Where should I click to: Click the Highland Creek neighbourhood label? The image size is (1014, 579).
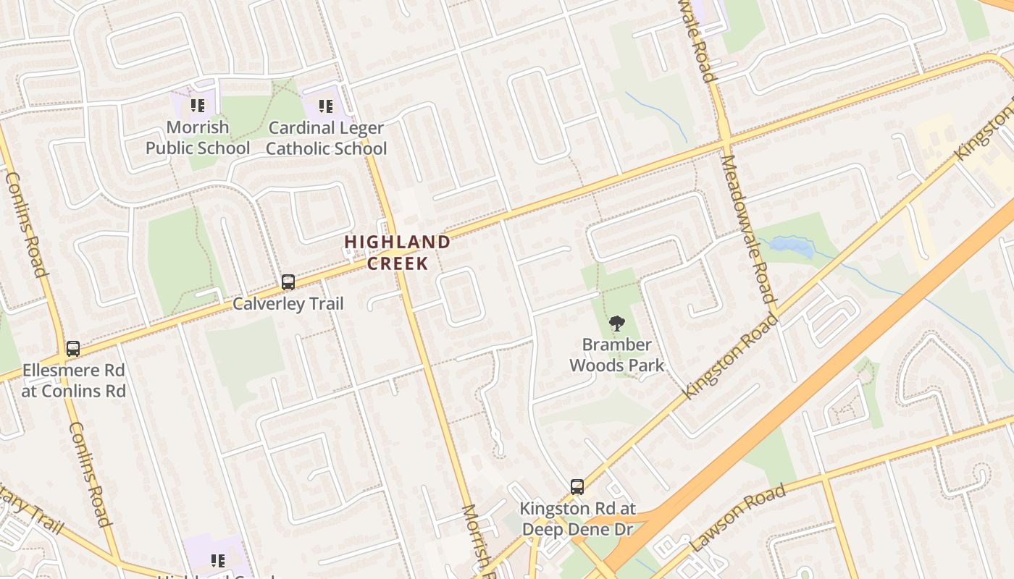click(x=397, y=252)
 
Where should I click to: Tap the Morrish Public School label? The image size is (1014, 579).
click(x=197, y=138)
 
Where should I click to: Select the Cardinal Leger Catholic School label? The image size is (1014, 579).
click(x=326, y=138)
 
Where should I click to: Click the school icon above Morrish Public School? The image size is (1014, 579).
click(x=198, y=106)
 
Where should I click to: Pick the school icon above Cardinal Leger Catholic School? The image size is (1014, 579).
click(x=326, y=107)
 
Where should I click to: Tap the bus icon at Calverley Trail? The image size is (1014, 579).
click(x=288, y=282)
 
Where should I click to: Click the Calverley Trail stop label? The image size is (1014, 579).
click(x=288, y=303)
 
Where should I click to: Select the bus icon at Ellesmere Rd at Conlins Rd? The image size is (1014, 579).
click(x=73, y=349)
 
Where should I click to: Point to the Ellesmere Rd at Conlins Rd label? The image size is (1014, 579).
click(x=73, y=381)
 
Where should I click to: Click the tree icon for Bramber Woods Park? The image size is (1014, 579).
click(x=616, y=324)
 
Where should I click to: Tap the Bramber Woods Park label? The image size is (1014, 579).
click(x=616, y=355)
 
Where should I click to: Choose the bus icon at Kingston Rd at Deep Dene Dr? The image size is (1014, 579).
click(x=577, y=487)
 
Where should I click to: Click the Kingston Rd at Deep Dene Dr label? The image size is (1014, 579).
click(x=577, y=519)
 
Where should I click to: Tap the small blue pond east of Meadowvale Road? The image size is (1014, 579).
click(x=791, y=247)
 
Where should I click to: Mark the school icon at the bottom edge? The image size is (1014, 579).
click(x=218, y=561)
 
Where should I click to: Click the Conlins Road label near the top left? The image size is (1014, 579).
click(x=26, y=224)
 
